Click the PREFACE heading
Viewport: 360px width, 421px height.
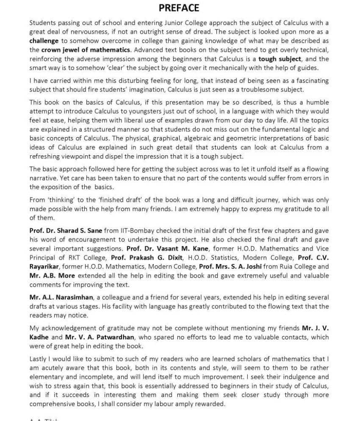click(179, 8)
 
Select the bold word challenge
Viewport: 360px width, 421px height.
click(44, 41)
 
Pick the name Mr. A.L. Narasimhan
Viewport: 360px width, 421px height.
click(61, 297)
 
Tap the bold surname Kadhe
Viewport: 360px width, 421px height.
click(39, 337)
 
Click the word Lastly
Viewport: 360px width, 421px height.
click(39, 358)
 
